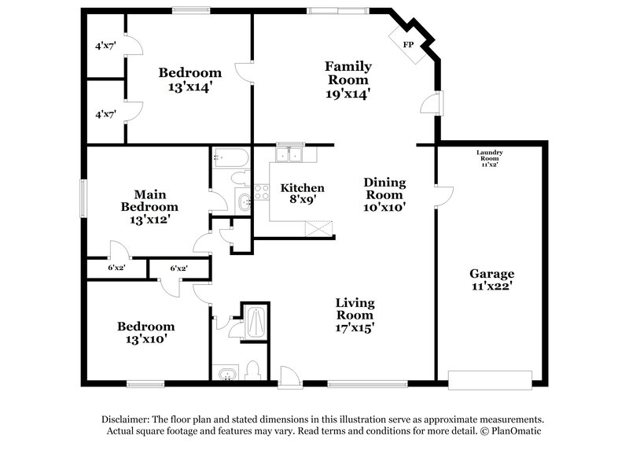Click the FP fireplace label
pos(407,45)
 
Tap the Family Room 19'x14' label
pos(348,79)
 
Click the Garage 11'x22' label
pos(492,280)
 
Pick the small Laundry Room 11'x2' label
pos(489,157)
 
